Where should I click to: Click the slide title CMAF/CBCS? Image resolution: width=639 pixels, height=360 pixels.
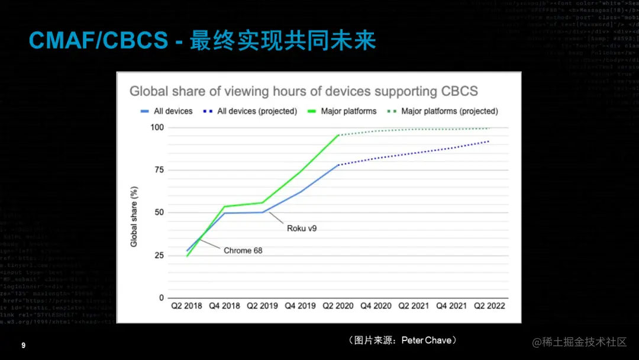click(99, 40)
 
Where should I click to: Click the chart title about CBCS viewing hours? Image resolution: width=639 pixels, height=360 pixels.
click(304, 91)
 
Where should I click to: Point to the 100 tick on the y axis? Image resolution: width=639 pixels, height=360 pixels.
click(157, 127)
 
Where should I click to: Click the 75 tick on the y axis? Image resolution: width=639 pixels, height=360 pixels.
click(159, 170)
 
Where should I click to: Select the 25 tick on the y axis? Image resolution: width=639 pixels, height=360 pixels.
click(159, 255)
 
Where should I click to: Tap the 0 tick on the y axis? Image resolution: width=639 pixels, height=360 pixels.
click(161, 298)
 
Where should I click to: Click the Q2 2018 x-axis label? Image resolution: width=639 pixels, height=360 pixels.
click(186, 306)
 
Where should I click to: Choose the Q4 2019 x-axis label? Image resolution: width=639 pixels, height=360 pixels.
click(299, 306)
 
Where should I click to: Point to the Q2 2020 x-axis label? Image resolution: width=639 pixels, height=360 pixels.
click(338, 306)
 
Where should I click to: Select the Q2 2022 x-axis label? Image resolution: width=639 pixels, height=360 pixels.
click(489, 306)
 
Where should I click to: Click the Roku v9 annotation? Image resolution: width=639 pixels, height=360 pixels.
click(302, 228)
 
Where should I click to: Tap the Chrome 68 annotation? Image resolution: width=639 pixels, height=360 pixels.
click(243, 250)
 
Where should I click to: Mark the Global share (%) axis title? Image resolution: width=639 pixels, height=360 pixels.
click(134, 216)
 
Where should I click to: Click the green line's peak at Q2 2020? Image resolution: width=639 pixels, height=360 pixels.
click(338, 135)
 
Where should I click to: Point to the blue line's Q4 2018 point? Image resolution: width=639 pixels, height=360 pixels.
click(224, 213)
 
